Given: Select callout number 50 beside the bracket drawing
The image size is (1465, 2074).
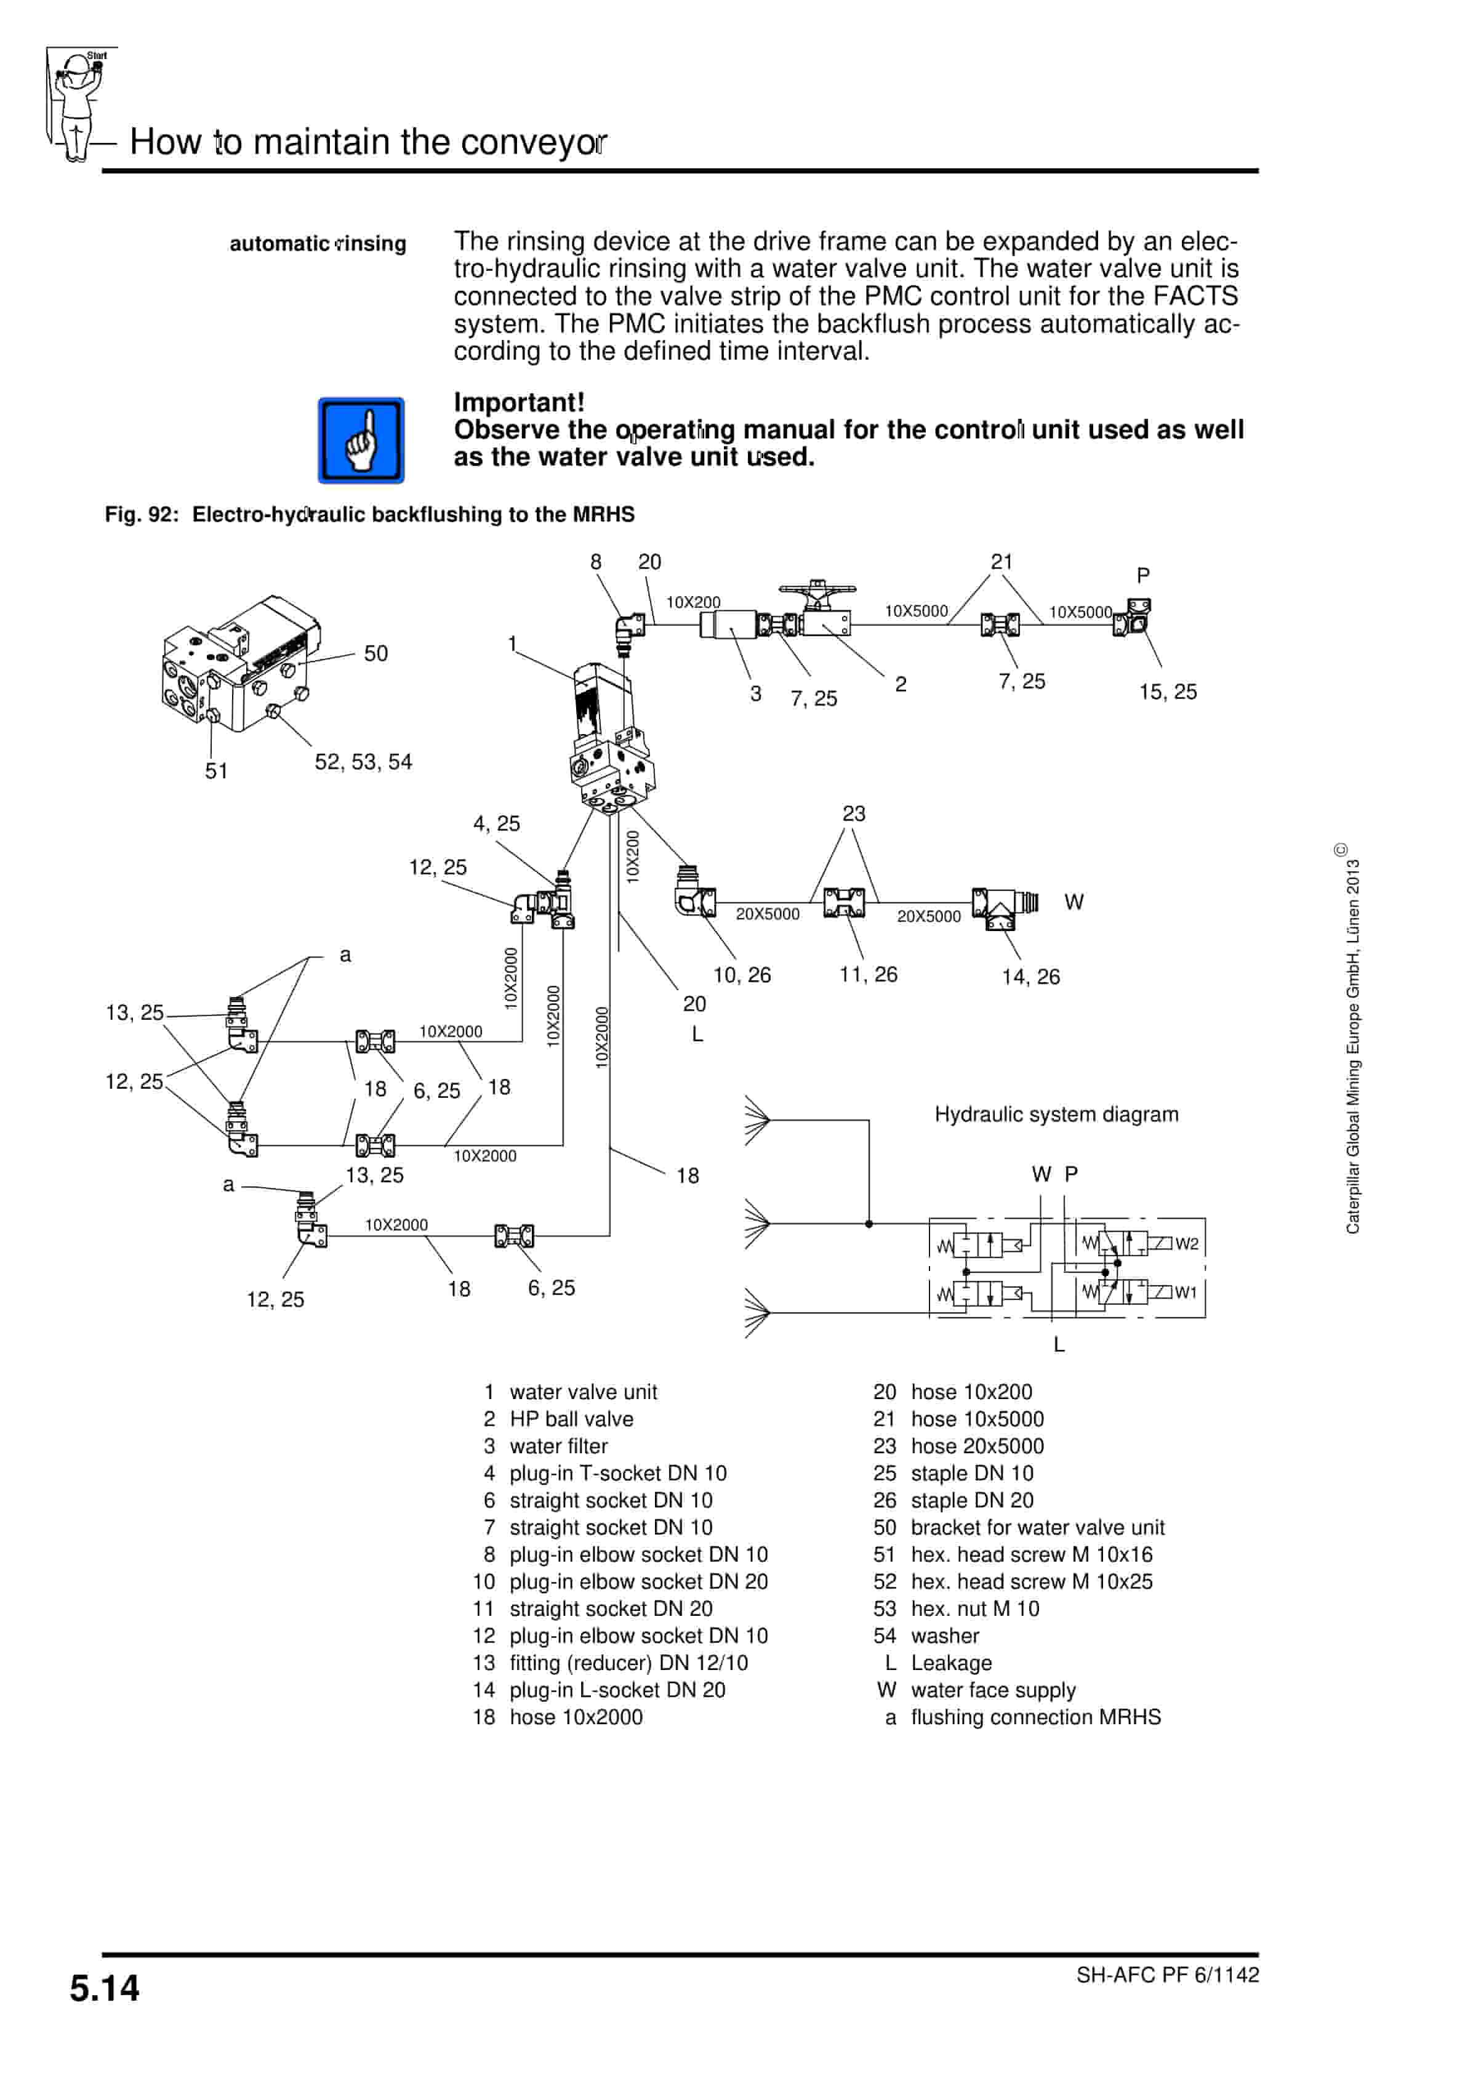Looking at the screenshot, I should pos(375,653).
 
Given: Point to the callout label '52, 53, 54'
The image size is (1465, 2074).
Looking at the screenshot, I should pos(363,762).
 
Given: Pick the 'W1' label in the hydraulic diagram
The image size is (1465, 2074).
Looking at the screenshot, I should pos(1186,1292).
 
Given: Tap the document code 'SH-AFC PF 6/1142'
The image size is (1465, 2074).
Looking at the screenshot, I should pos(1167,1975).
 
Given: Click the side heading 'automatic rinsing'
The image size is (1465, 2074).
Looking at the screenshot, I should pos(318,243).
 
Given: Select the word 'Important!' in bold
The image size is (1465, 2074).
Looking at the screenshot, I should pos(518,402).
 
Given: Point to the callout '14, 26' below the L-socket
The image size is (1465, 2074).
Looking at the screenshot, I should pos(1030,977).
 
